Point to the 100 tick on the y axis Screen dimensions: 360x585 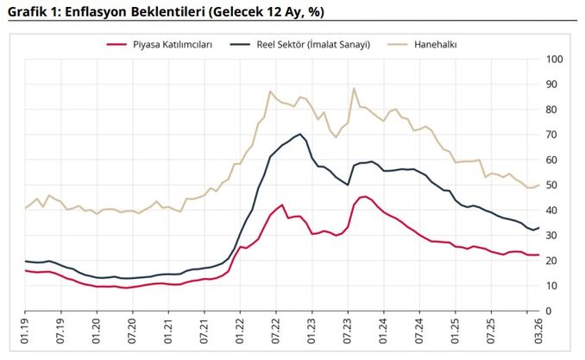click(556, 60)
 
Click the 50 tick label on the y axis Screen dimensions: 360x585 click(553, 186)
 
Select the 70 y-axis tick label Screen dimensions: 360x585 click(553, 136)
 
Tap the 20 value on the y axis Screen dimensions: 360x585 click(553, 261)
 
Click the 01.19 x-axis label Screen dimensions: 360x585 click(25, 332)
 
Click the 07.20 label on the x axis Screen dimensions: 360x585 click(132, 332)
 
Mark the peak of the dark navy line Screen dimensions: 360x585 click(299, 134)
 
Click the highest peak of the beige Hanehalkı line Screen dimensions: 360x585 click(354, 88)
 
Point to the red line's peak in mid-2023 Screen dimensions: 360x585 click(363, 197)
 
